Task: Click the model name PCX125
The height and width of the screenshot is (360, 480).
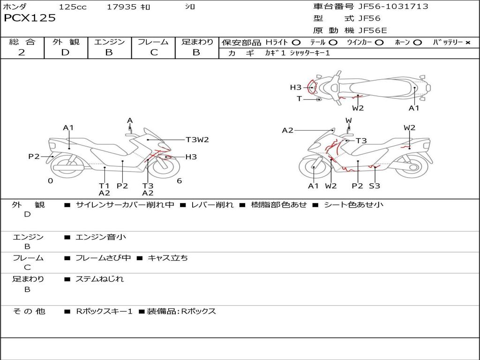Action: click(30, 18)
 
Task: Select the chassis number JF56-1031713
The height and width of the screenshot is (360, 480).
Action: click(393, 6)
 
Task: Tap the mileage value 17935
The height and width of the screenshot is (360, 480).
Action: click(121, 7)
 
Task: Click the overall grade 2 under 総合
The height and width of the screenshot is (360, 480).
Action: click(22, 52)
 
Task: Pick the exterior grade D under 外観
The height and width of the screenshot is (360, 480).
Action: click(66, 52)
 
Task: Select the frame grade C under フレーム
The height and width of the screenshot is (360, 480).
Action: click(154, 52)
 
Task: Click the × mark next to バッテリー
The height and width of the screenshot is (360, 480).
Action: click(468, 43)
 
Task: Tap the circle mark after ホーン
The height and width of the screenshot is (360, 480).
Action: click(417, 43)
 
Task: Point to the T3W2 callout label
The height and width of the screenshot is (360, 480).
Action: click(197, 140)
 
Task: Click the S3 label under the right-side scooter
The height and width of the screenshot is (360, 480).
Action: click(375, 186)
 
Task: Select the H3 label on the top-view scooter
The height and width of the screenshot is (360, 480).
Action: click(296, 87)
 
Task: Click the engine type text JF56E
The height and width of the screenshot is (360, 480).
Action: click(373, 30)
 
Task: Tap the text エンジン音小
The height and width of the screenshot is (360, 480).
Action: click(101, 237)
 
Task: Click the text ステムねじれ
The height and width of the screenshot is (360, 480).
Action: click(99, 279)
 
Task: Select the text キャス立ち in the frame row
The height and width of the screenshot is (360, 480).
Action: click(168, 258)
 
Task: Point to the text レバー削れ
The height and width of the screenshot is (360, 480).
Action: click(212, 205)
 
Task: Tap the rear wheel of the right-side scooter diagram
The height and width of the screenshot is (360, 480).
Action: click(413, 167)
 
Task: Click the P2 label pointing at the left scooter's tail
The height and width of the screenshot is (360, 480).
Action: click(34, 157)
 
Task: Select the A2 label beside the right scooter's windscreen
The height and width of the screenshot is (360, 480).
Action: click(287, 130)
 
